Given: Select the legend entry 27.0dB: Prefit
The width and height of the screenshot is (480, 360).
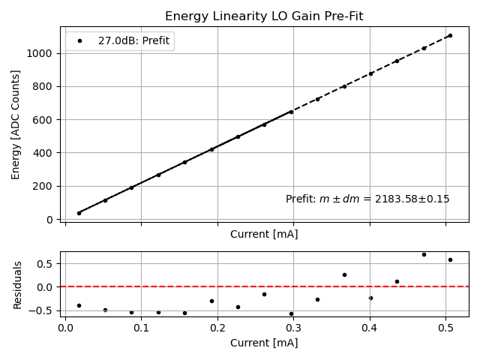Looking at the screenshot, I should coord(135,41).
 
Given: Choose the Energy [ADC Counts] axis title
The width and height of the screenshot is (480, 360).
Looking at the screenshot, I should coord(16,124).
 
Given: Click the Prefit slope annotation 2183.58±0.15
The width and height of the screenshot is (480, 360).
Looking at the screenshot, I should coord(367,199).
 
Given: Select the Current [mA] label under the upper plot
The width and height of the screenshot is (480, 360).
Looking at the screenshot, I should coord(264,234).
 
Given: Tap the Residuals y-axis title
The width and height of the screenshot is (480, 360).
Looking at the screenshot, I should coord(17,285).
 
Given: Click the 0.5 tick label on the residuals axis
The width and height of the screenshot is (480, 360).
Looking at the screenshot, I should coord(45,263).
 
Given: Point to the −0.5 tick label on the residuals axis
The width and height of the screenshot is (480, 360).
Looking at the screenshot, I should coord(42,310).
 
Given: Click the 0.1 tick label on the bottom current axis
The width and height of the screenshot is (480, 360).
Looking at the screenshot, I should coord(141,328).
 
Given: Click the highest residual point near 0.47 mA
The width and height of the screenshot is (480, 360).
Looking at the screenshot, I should coord(424,254).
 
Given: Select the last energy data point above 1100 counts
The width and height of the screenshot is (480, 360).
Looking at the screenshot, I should coord(450,35).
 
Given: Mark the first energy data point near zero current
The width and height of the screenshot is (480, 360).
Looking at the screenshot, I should coord(79,213).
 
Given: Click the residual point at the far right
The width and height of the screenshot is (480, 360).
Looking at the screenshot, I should coord(450,259).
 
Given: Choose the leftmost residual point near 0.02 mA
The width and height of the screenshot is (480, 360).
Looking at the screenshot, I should coord(79,305).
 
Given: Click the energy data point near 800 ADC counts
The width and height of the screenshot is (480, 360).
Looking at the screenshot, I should coord(344,86).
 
